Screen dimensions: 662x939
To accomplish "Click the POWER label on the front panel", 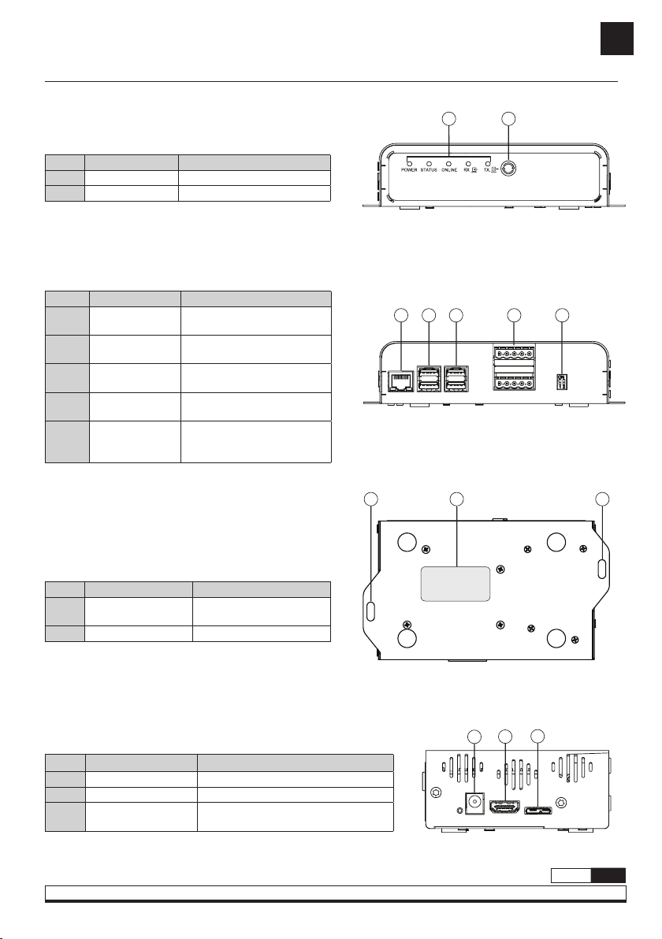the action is point(408,170).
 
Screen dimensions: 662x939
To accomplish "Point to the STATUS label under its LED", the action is point(429,170).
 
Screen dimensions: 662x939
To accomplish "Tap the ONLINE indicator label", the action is point(449,170).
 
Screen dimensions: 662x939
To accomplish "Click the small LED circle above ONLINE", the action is point(449,163).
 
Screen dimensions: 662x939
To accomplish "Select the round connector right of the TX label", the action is point(508,169).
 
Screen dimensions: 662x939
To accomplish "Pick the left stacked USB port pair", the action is point(429,379).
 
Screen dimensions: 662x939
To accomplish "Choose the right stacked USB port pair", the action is point(456,379).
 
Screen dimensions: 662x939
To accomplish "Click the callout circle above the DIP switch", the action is point(562,314).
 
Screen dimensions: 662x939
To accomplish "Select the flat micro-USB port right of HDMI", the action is point(538,811).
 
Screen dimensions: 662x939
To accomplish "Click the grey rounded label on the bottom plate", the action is point(456,583).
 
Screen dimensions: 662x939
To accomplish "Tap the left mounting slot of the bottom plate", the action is point(371,611).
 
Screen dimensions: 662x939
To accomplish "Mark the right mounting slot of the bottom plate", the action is point(602,568).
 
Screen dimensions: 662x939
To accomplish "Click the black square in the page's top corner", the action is point(617,39).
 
